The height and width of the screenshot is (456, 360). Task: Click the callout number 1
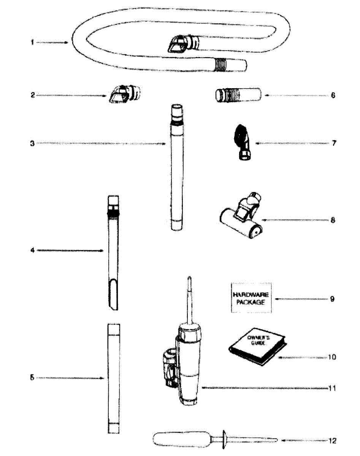[x=33, y=43]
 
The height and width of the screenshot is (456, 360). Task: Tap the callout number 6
[x=333, y=95]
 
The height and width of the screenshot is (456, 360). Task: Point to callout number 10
[x=332, y=358]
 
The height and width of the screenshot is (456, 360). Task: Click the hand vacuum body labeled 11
[x=188, y=365]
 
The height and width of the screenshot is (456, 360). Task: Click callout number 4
[x=33, y=251]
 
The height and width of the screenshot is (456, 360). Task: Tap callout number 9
[x=332, y=299]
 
